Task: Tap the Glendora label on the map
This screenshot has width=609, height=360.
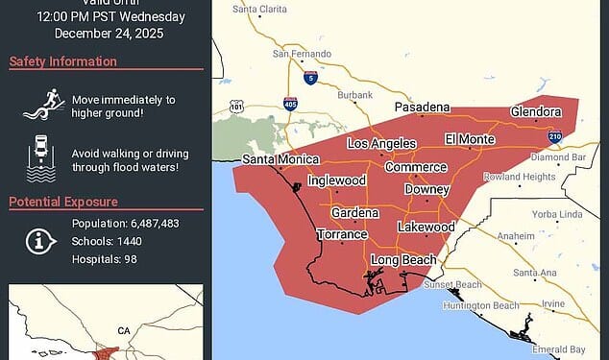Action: pyautogui.click(x=534, y=111)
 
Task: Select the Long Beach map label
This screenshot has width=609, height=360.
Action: pyautogui.click(x=403, y=260)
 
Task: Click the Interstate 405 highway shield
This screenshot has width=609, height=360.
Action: pyautogui.click(x=290, y=103)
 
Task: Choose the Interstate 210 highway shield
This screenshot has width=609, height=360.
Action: pyautogui.click(x=555, y=137)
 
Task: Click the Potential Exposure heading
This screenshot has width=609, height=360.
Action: pyautogui.click(x=63, y=202)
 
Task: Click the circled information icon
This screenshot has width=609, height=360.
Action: pyautogui.click(x=39, y=241)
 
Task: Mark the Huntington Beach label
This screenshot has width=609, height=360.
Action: pyautogui.click(x=479, y=306)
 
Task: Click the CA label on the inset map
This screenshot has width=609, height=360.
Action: pyautogui.click(x=124, y=330)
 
